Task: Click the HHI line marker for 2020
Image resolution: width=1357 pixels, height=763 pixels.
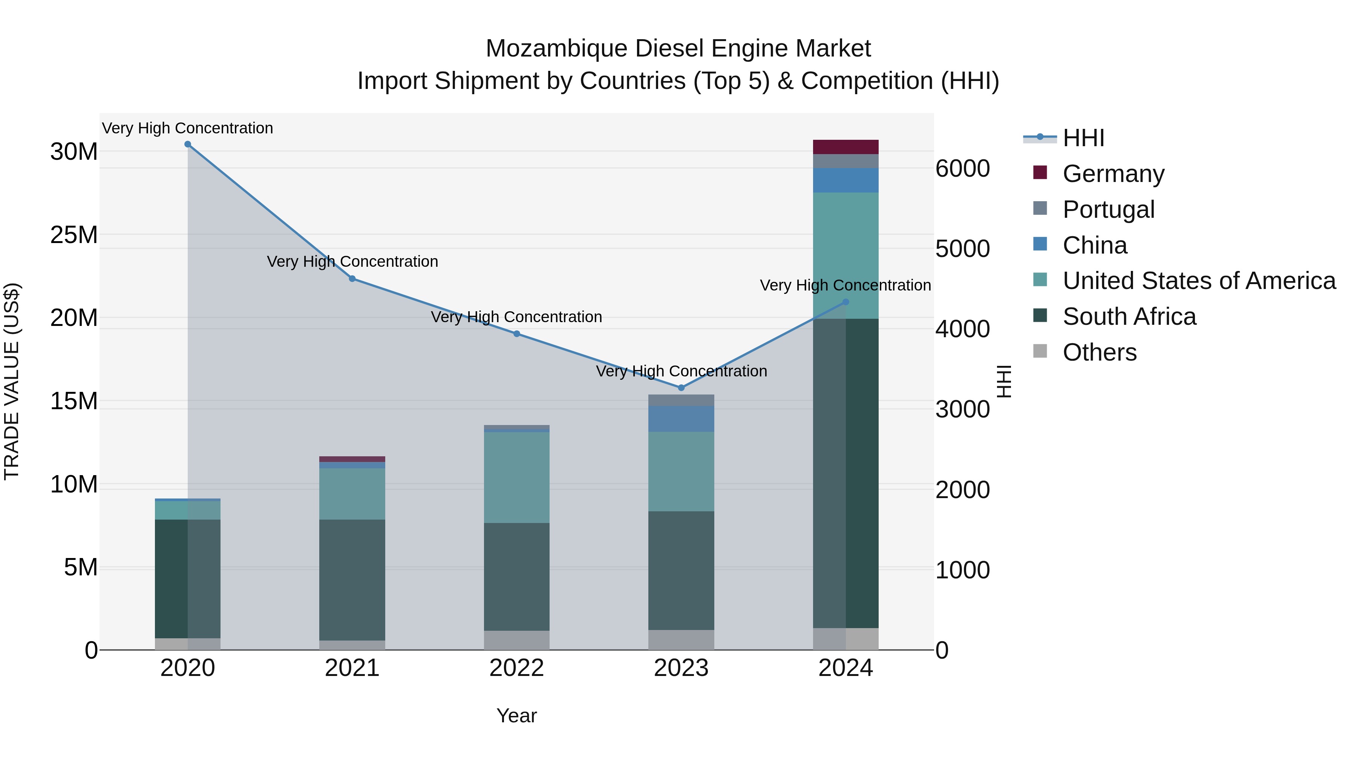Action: (x=188, y=144)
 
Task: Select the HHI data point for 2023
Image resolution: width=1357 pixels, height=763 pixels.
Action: (x=681, y=388)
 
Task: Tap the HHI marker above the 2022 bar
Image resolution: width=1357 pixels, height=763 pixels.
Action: (x=517, y=334)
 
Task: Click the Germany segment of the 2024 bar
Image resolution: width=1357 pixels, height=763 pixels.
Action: (x=845, y=147)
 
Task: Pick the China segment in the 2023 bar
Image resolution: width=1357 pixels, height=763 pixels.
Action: (x=681, y=419)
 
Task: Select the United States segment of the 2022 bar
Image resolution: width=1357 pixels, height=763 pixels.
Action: (x=517, y=477)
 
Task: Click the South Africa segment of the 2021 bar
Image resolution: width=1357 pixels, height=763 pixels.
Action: (x=352, y=579)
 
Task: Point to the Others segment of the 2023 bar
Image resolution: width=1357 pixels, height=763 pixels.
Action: (x=681, y=640)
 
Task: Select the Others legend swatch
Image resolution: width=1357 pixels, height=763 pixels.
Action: (x=1040, y=351)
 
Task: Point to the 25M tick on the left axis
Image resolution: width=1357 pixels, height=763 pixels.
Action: (x=74, y=235)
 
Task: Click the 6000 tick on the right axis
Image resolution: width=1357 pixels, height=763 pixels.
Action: (x=962, y=169)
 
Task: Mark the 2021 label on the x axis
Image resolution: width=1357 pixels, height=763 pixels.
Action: (x=352, y=668)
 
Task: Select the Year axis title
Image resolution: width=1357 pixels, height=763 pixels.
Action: (x=516, y=716)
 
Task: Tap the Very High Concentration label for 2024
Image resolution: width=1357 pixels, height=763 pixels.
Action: (x=845, y=285)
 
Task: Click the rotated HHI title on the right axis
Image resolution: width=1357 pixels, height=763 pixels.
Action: (x=1004, y=381)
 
